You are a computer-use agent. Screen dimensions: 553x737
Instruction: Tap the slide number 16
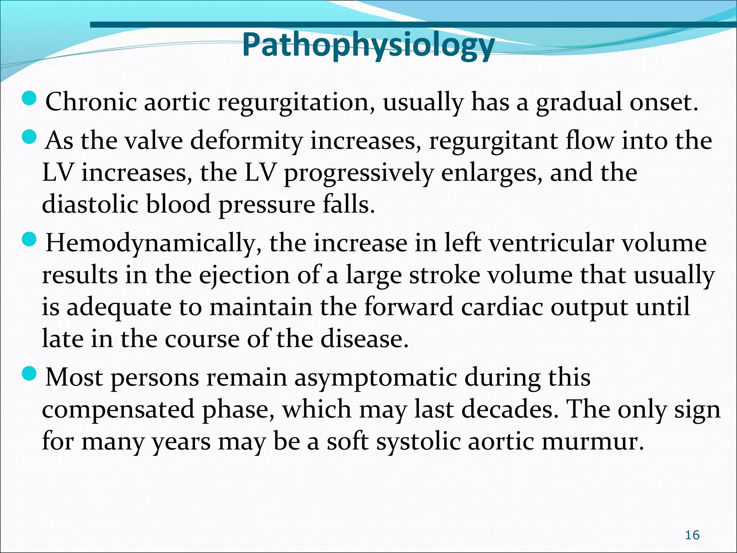coord(692,535)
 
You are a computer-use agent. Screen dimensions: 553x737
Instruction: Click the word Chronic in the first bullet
coord(91,102)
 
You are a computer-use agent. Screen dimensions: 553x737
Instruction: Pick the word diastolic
coord(90,204)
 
